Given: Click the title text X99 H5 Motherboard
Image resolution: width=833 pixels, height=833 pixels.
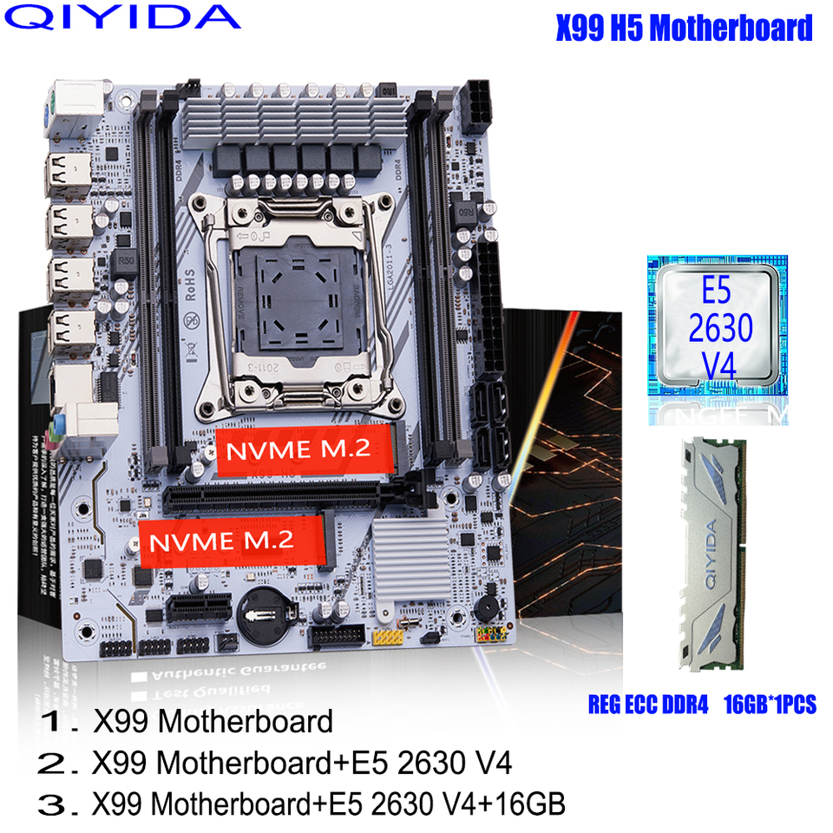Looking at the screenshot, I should pyautogui.click(x=684, y=28).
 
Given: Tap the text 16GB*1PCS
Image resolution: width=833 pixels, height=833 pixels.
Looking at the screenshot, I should pyautogui.click(x=770, y=704).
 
